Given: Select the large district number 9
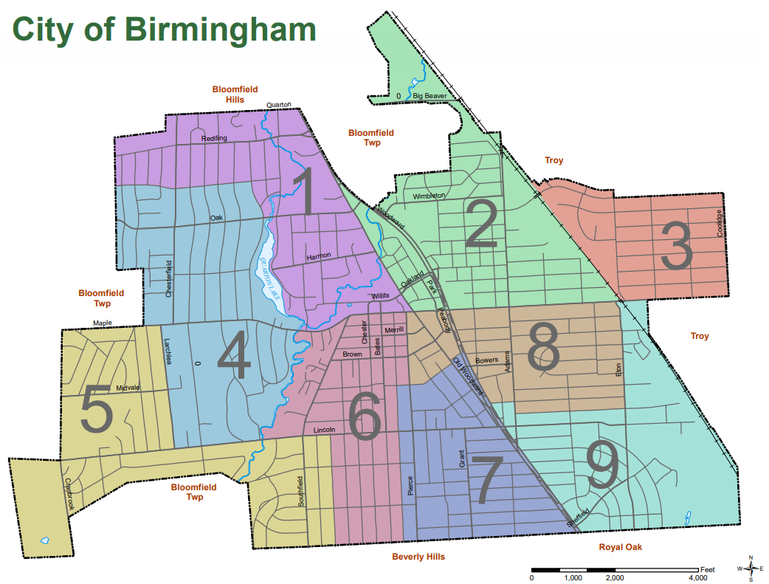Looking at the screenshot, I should (601, 467).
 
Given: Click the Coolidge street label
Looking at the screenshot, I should (720, 223).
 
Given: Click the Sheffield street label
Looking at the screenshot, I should (579, 517).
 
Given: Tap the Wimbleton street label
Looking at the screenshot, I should (429, 196).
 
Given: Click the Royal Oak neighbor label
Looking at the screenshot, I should (620, 548).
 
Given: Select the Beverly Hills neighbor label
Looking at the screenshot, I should (418, 557).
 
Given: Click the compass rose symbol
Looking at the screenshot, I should (751, 568).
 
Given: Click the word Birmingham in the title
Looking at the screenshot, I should (218, 29).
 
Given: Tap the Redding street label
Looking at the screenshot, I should (214, 138).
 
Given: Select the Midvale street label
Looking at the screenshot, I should (128, 388).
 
